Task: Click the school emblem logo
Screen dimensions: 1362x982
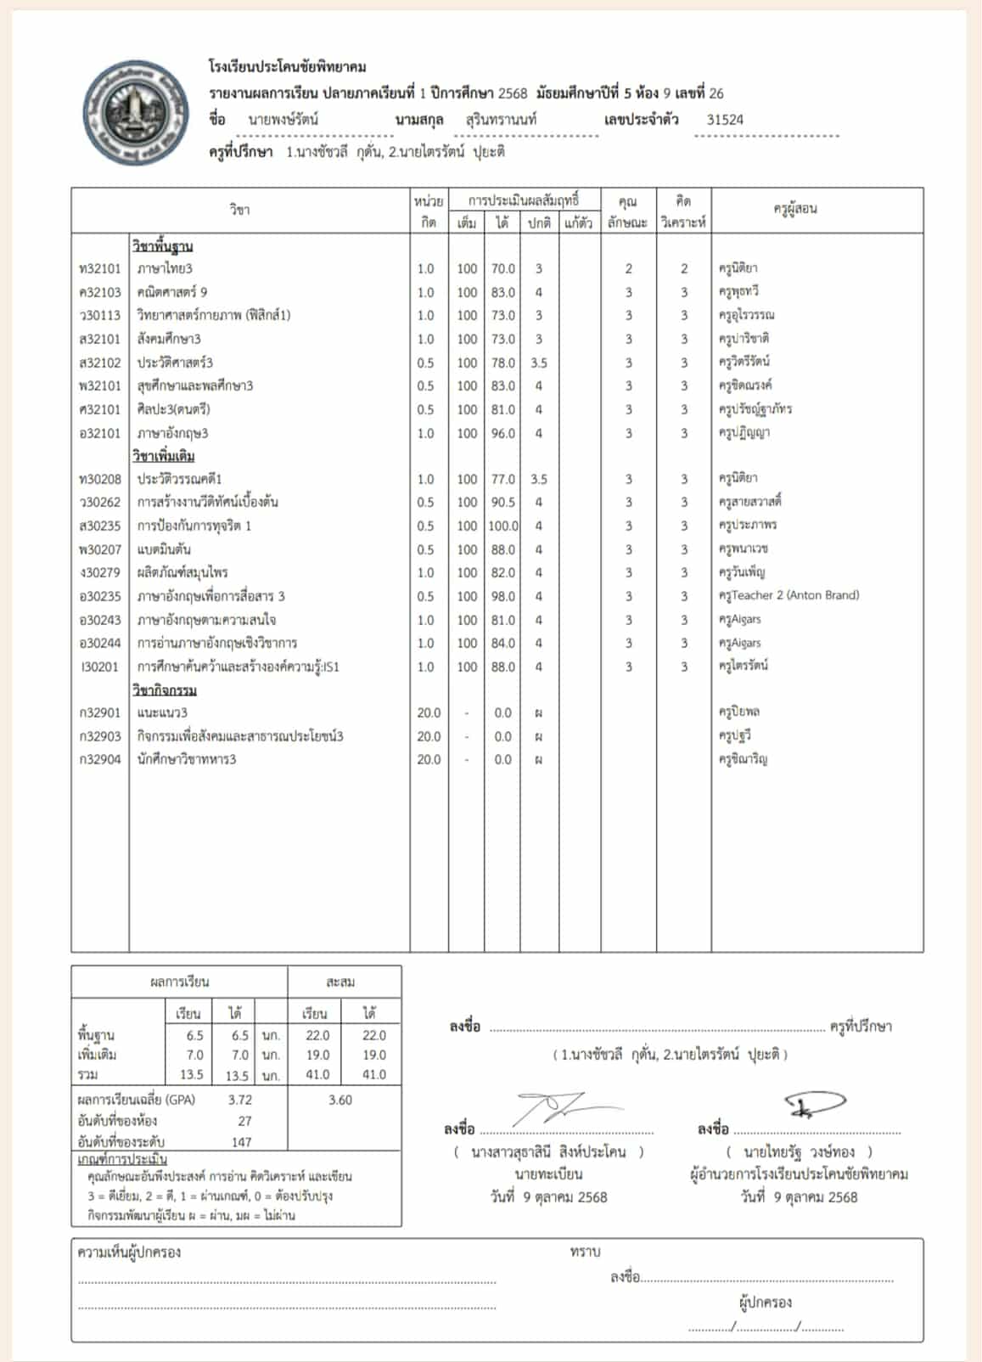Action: coord(136,112)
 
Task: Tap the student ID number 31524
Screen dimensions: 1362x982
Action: coord(725,120)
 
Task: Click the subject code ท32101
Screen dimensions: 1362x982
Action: coord(99,268)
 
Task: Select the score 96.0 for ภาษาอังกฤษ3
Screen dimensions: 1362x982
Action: coord(502,433)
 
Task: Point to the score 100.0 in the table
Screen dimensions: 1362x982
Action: coord(502,526)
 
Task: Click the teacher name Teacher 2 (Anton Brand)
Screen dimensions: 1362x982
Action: coord(788,595)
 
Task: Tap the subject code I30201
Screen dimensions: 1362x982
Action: coord(99,667)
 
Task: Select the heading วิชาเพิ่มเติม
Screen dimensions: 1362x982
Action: coord(163,456)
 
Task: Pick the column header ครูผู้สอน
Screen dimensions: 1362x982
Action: coord(794,209)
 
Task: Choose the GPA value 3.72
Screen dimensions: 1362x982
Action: coord(240,1100)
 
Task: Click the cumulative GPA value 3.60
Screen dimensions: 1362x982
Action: coord(340,1100)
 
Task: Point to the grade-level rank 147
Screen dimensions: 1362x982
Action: coord(242,1142)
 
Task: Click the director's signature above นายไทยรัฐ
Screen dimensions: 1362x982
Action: coord(815,1103)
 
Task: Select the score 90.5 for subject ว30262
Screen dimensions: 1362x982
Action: coord(502,502)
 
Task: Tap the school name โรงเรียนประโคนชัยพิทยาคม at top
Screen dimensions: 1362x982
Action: coord(287,67)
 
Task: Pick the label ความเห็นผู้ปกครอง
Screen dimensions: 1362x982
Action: coord(129,1252)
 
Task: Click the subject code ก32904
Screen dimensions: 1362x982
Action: coord(99,759)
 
